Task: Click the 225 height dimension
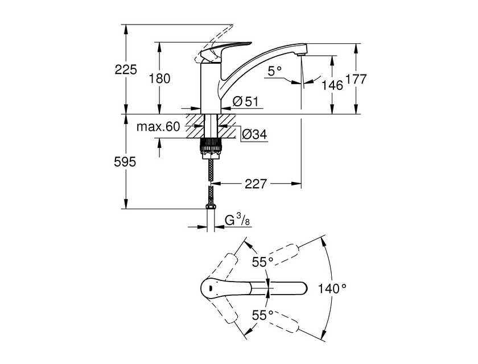(x=126, y=70)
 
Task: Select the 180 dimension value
(x=159, y=79)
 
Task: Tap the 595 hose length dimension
(x=125, y=162)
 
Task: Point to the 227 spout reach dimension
(x=256, y=184)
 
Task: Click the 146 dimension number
(x=332, y=85)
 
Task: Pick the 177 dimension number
(x=355, y=79)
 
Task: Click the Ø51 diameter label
(x=245, y=101)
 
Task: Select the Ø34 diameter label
(x=254, y=134)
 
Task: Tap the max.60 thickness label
(x=158, y=126)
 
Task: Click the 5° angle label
(x=275, y=72)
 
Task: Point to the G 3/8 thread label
(x=237, y=220)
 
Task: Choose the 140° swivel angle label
(x=332, y=288)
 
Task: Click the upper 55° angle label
(x=262, y=262)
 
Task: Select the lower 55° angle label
(x=262, y=316)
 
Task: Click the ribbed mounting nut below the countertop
(x=210, y=148)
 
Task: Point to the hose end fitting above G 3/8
(x=211, y=207)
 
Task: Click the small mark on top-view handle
(x=211, y=288)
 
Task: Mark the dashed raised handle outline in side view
(x=215, y=43)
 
